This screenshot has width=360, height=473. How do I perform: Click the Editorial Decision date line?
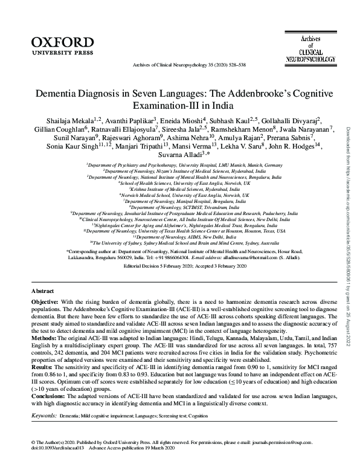pos(179,265)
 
